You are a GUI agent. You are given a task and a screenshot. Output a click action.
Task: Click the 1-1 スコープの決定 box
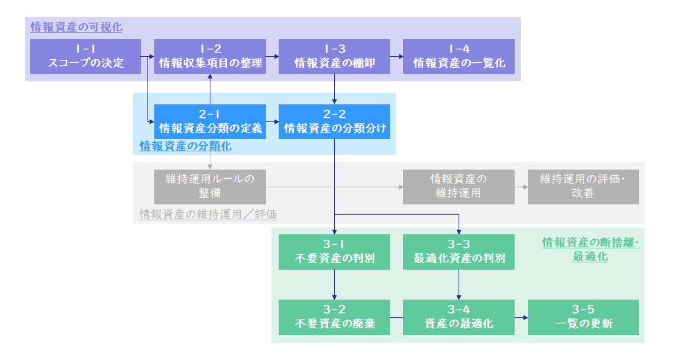pos(85,56)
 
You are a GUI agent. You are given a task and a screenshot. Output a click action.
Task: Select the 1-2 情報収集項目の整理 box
pos(210,56)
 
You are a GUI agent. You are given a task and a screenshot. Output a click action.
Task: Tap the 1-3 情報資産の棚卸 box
pos(334,56)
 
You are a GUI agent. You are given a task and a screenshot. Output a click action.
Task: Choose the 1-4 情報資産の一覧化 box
pos(459,56)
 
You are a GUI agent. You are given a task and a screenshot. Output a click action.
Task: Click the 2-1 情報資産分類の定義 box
pos(210,121)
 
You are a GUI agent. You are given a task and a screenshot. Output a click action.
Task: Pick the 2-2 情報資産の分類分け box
pos(334,121)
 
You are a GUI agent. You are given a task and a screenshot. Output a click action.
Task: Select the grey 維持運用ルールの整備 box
pos(210,186)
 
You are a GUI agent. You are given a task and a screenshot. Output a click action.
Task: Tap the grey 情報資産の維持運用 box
pos(459,186)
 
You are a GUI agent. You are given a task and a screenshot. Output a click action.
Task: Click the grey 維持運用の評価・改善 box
pos(583,186)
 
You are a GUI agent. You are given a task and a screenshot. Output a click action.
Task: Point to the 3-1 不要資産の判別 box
pos(334,251)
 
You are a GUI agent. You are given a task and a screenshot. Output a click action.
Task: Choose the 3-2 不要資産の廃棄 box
pos(334,317)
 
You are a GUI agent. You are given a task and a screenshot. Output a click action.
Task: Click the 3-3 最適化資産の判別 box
pos(459,251)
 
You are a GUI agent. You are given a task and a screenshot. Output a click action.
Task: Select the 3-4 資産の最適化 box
pos(459,317)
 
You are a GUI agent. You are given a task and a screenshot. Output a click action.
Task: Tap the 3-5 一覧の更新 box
pos(583,317)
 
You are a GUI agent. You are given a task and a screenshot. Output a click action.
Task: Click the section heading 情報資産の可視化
pos(76,27)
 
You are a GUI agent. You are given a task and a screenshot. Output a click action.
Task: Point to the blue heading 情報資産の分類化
pos(185,146)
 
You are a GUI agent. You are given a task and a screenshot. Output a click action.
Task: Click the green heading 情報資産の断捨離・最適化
pos(590,250)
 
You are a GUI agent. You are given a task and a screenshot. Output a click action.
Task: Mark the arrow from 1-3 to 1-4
pos(396,56)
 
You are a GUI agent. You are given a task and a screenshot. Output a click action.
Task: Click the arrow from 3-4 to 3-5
pos(521,317)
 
